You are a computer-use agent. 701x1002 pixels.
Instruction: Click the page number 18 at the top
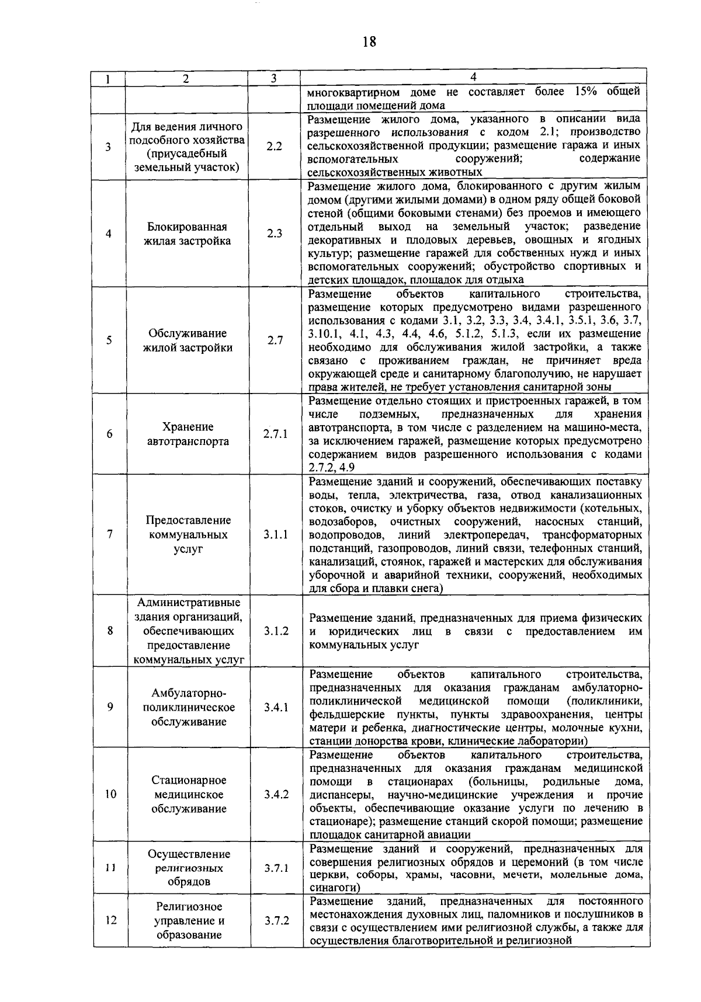(x=369, y=41)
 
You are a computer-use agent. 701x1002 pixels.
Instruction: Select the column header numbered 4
(x=474, y=78)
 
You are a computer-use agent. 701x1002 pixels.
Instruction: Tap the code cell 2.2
(x=275, y=147)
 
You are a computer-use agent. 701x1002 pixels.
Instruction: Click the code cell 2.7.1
(x=275, y=434)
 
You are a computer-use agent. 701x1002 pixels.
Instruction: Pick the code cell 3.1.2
(x=276, y=631)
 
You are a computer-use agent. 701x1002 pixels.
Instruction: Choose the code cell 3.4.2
(x=276, y=794)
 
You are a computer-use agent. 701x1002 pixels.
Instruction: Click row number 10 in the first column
(x=109, y=794)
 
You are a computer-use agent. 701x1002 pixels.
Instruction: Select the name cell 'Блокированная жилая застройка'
(x=188, y=234)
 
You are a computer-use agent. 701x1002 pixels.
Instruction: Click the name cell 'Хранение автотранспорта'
(x=188, y=434)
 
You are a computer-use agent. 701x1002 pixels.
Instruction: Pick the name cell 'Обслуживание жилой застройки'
(x=188, y=340)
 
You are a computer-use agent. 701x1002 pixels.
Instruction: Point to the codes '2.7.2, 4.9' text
(x=331, y=468)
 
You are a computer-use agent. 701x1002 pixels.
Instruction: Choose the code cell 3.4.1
(x=276, y=707)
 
